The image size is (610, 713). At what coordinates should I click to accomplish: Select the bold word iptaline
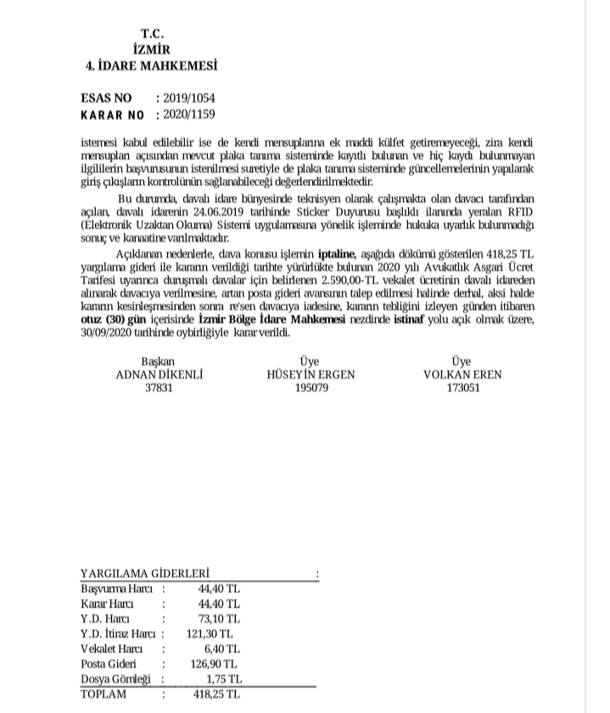click(335, 253)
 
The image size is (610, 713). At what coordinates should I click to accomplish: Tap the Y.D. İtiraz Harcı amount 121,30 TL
click(209, 632)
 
